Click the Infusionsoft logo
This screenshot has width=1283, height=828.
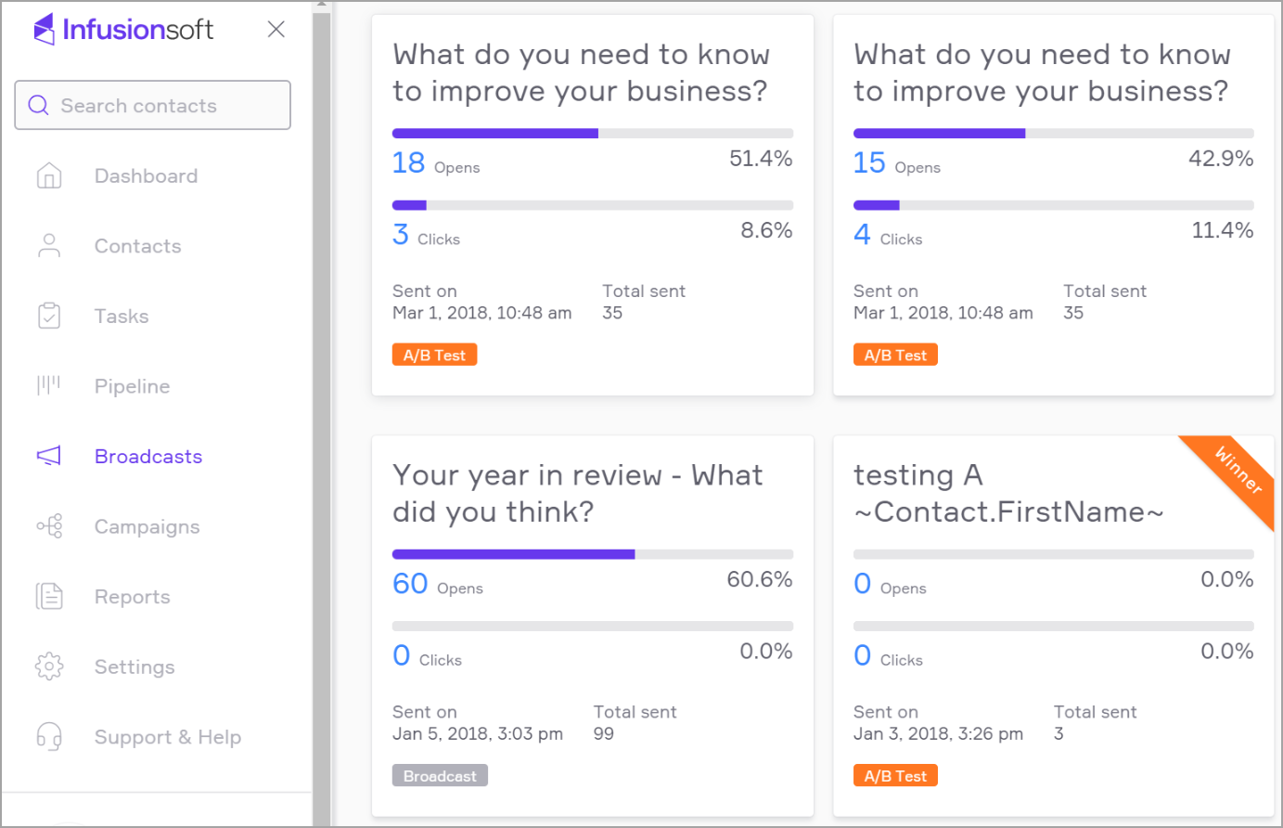(x=123, y=30)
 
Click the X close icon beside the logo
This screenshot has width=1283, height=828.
(x=276, y=30)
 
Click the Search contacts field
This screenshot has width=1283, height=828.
(x=153, y=106)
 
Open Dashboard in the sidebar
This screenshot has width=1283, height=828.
(x=146, y=176)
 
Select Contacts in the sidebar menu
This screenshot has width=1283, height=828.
(x=137, y=246)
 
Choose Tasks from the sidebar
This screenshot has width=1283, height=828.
(x=122, y=317)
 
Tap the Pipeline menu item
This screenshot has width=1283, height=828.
(x=132, y=386)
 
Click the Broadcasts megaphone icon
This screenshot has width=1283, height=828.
(x=48, y=456)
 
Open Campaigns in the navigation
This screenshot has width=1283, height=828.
(x=147, y=526)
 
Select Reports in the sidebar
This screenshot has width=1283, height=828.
(x=132, y=597)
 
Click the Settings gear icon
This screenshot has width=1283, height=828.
(x=49, y=666)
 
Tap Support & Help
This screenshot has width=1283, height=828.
(x=167, y=737)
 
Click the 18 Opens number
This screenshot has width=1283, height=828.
(x=408, y=162)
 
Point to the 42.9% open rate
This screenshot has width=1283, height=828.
(x=1221, y=159)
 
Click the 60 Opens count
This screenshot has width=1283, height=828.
(x=410, y=584)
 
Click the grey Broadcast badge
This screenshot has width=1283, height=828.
(x=440, y=776)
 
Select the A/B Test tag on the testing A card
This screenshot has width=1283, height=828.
(x=895, y=776)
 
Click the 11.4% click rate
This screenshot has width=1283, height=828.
(x=1222, y=230)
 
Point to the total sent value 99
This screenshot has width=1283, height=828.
(x=604, y=733)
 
